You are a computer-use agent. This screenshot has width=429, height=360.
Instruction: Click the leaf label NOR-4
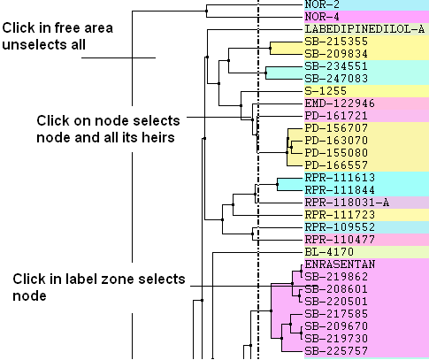[322, 17]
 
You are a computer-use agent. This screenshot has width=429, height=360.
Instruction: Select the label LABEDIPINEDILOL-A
[364, 29]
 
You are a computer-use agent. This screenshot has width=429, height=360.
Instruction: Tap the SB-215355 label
[336, 42]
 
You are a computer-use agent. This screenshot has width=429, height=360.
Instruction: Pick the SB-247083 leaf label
[336, 79]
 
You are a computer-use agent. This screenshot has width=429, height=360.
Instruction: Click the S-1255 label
[326, 91]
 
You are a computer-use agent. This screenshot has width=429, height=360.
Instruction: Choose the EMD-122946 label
[340, 103]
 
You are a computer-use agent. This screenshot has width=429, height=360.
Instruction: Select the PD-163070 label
[336, 141]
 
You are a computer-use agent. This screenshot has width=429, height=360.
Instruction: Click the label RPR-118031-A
[347, 203]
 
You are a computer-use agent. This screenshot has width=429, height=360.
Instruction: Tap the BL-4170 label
[329, 252]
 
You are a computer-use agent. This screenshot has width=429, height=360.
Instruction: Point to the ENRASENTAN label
[340, 264]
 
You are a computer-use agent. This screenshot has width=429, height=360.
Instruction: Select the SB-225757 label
[336, 351]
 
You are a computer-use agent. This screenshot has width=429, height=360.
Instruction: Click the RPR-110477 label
[340, 240]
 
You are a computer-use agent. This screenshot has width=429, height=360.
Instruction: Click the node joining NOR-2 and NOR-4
[206, 11]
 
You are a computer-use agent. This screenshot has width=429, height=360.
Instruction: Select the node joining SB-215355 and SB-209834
[270, 48]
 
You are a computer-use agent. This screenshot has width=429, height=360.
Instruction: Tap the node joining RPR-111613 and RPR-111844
[277, 185]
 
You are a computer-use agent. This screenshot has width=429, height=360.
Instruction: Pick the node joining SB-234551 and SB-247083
[265, 73]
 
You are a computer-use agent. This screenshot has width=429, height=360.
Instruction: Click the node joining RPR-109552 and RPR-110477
[252, 234]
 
